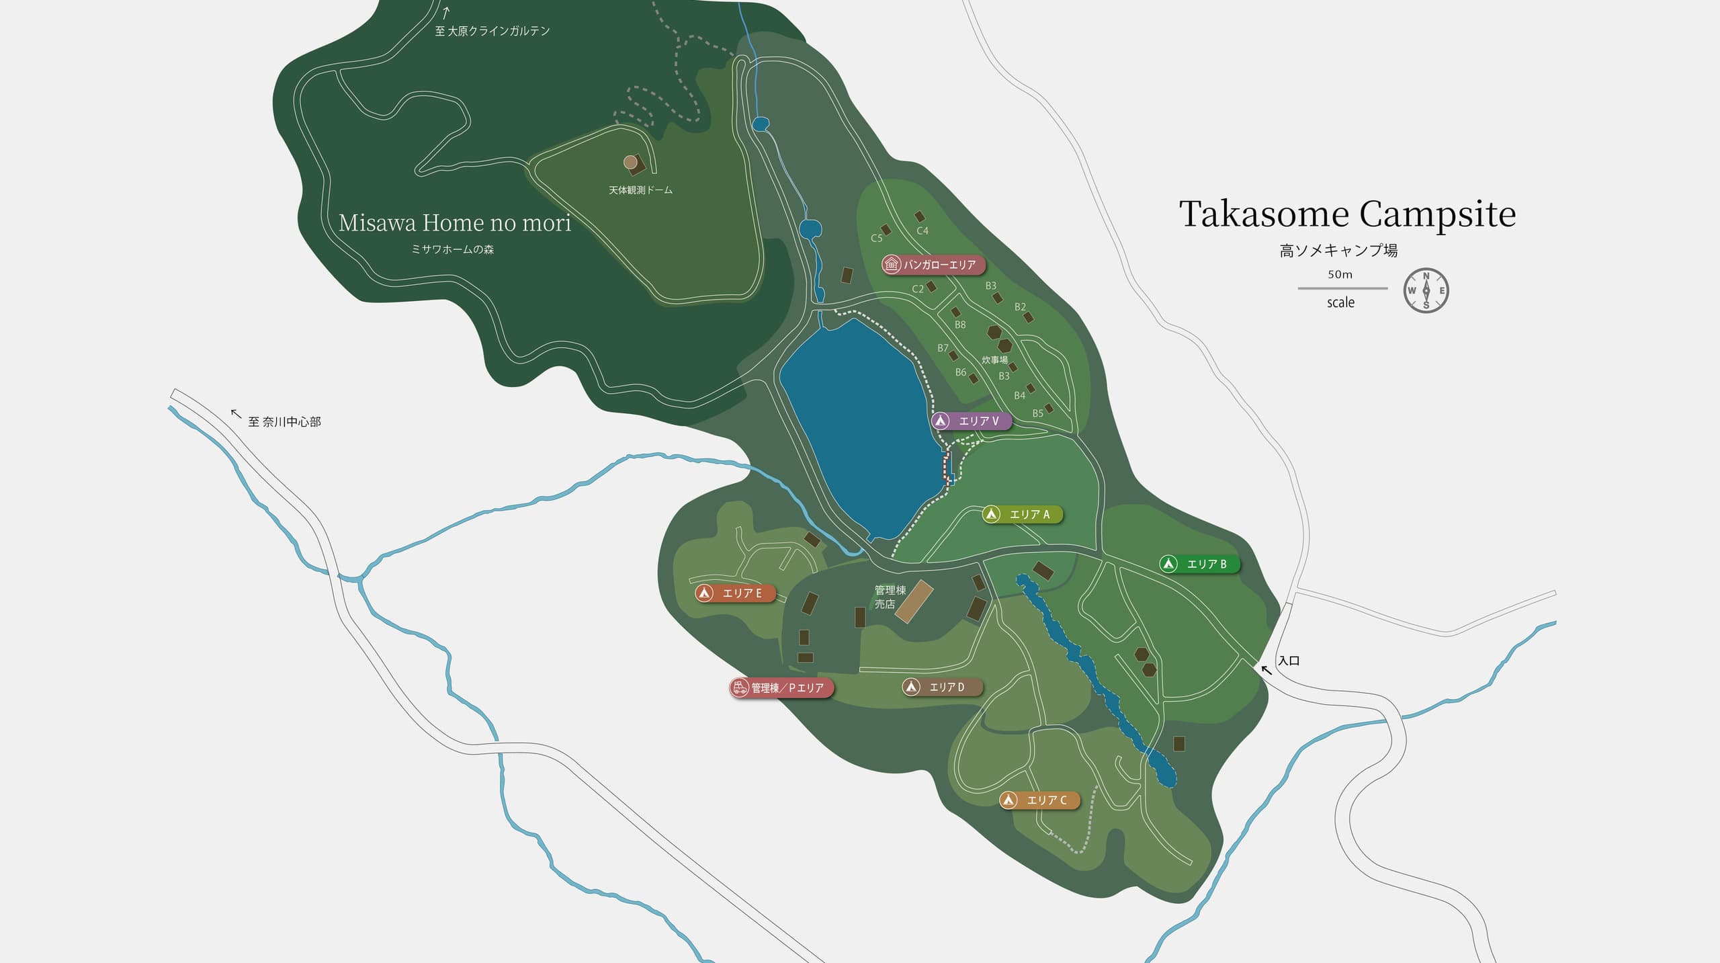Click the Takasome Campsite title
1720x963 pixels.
pyautogui.click(x=1347, y=214)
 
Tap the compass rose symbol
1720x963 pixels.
pyautogui.click(x=1426, y=290)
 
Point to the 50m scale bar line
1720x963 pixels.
pyautogui.click(x=1342, y=288)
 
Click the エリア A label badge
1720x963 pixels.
pyautogui.click(x=1021, y=515)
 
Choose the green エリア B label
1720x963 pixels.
pyautogui.click(x=1199, y=564)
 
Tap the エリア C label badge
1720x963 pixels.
pyautogui.click(x=1039, y=800)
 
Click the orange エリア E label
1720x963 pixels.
pyautogui.click(x=734, y=593)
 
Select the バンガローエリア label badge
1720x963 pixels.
pyautogui.click(x=933, y=265)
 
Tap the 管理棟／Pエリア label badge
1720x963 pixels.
pyautogui.click(x=781, y=688)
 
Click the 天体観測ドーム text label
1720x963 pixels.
pyautogui.click(x=640, y=191)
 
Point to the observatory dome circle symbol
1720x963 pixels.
pyautogui.click(x=630, y=162)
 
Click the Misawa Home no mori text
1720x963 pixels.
pyautogui.click(x=455, y=223)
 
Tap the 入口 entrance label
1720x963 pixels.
pyautogui.click(x=1288, y=661)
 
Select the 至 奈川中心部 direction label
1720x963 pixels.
pyautogui.click(x=284, y=422)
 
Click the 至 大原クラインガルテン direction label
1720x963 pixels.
pyautogui.click(x=492, y=31)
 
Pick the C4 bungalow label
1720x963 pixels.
pyautogui.click(x=922, y=231)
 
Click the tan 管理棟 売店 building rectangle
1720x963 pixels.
pyautogui.click(x=914, y=601)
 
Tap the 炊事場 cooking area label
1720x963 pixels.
pyautogui.click(x=994, y=360)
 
